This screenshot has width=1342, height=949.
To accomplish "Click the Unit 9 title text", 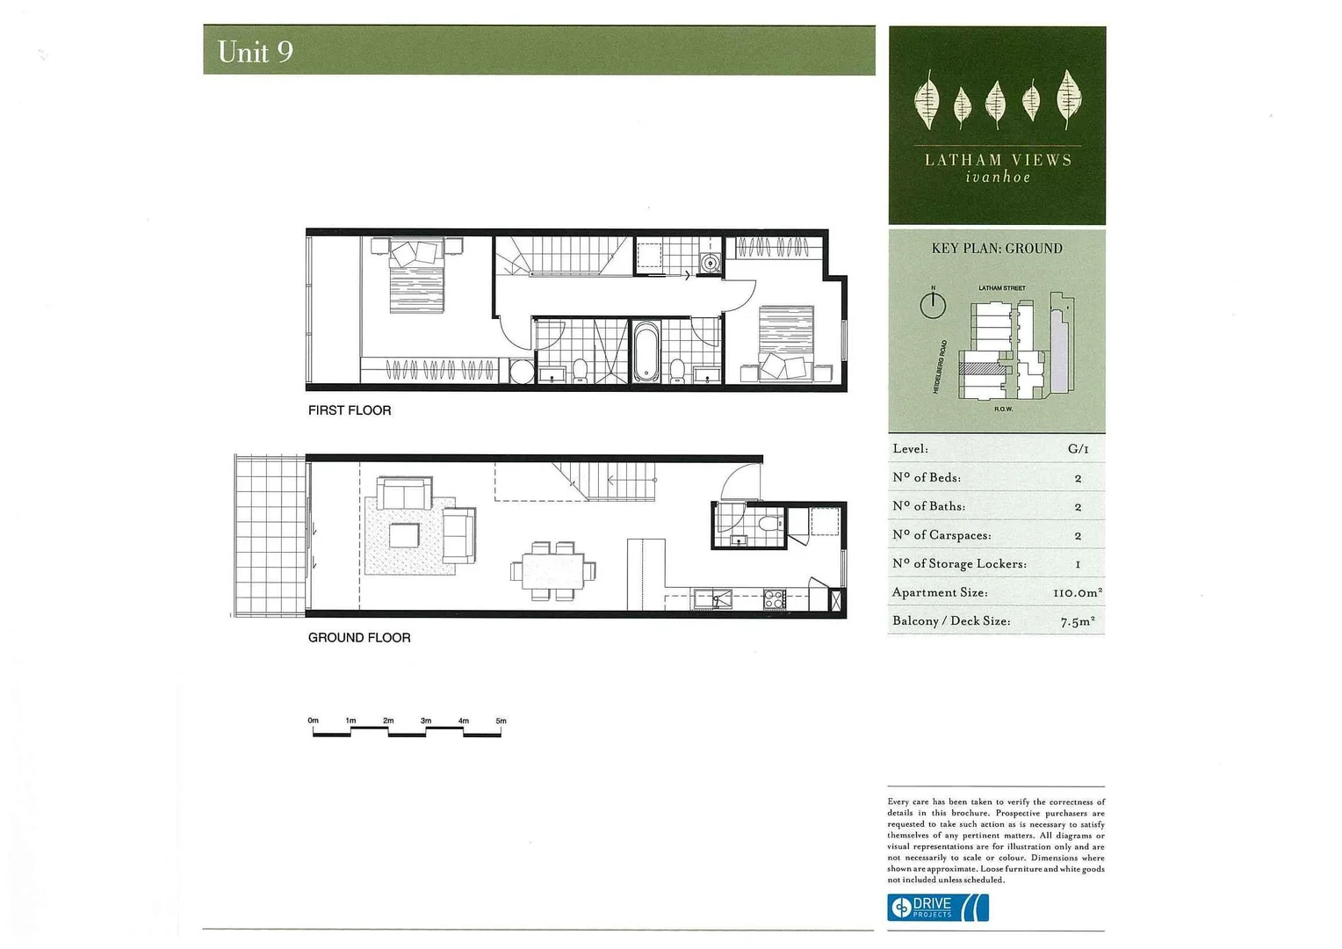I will (x=255, y=52).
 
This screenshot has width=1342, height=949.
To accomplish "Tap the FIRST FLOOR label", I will (x=350, y=410).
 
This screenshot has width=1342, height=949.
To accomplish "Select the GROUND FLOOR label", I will (x=359, y=638).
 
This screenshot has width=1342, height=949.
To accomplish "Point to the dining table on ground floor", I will (x=552, y=571).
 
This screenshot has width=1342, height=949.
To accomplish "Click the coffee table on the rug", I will (x=404, y=535).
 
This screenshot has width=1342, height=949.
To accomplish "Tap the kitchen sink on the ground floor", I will (x=712, y=599).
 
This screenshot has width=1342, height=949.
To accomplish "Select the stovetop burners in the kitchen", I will (x=774, y=599).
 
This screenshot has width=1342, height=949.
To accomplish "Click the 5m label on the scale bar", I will (x=501, y=721).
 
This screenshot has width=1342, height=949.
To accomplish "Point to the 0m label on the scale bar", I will (x=314, y=721).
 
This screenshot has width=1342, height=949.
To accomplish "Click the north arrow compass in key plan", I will (x=933, y=305).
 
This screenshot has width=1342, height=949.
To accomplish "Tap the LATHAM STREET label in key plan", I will (x=1001, y=288).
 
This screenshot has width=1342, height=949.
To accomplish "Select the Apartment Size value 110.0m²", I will (x=1078, y=593).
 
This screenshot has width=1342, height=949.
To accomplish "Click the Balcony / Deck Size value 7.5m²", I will (x=1078, y=621).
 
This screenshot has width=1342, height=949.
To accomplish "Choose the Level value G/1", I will (x=1078, y=449).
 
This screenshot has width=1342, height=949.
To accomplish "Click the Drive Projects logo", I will (x=937, y=907).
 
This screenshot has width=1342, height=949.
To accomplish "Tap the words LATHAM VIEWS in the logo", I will (x=998, y=160).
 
